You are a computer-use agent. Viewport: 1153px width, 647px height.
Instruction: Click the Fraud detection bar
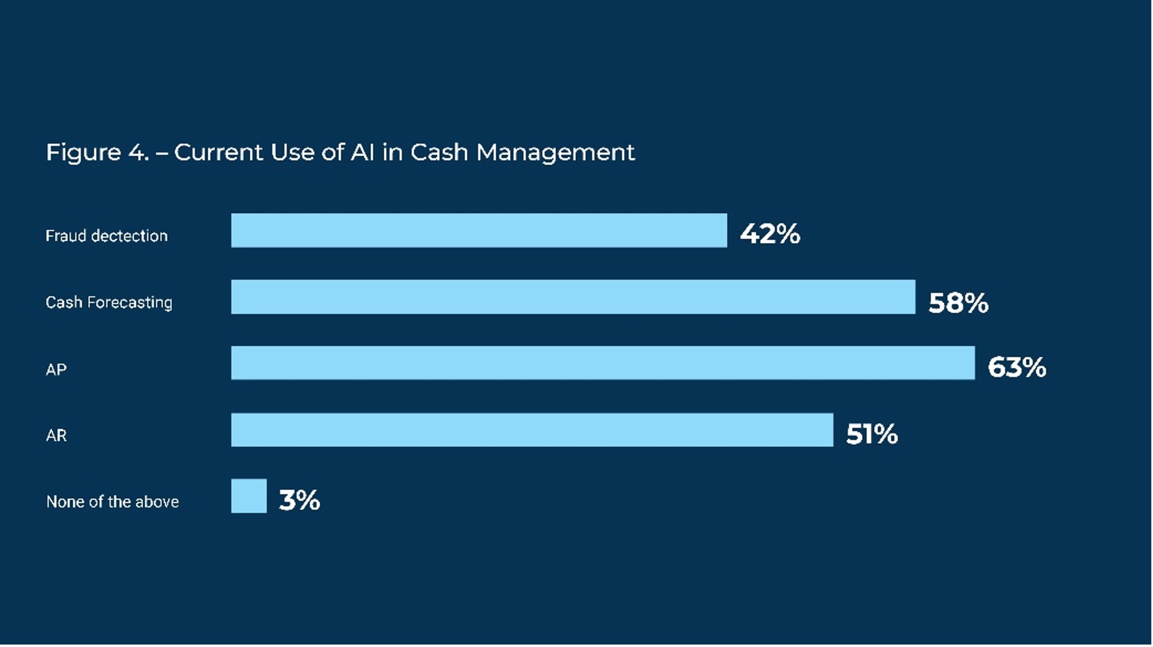tap(478, 231)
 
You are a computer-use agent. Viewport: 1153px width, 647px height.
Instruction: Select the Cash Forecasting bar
tap(573, 297)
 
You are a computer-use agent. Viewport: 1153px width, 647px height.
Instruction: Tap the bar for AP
tap(602, 363)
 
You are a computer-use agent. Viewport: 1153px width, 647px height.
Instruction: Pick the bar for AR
tap(532, 430)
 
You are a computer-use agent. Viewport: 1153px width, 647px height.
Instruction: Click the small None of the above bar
tap(249, 496)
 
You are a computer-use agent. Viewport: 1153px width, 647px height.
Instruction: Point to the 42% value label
tap(769, 234)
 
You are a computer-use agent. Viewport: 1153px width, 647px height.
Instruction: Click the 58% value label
tap(958, 303)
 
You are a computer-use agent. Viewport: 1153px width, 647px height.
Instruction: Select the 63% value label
tap(1016, 367)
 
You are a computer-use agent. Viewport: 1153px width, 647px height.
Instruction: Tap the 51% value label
tap(872, 435)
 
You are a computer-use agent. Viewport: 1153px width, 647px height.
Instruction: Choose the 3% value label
tap(299, 500)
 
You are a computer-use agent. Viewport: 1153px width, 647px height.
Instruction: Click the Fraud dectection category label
tap(107, 236)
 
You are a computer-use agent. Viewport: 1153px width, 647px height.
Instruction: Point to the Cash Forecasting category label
tap(109, 302)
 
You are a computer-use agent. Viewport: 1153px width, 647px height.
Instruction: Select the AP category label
tap(56, 370)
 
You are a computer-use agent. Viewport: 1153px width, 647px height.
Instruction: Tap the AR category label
tap(56, 436)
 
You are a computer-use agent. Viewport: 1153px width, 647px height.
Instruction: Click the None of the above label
tap(112, 502)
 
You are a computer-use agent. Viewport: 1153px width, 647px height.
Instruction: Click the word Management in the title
tap(555, 152)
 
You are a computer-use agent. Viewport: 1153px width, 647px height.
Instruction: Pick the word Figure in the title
tap(83, 152)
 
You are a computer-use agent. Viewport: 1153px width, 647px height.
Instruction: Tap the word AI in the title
tap(362, 152)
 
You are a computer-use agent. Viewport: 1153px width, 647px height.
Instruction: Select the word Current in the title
tap(218, 152)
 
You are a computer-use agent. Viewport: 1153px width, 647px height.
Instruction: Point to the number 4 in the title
tap(137, 152)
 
